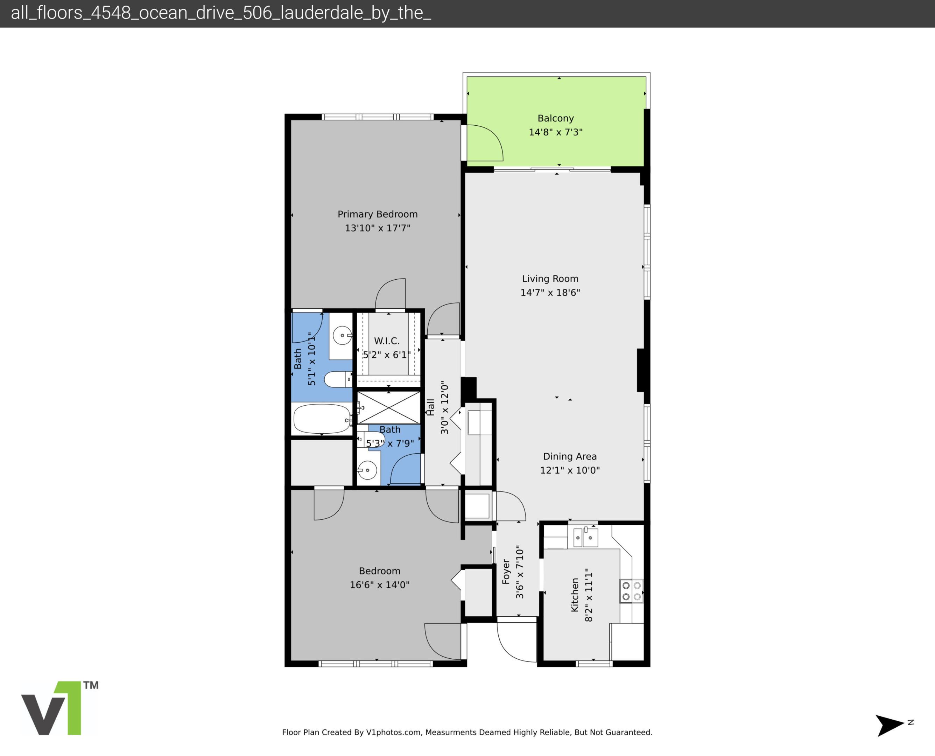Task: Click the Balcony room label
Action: tap(555, 118)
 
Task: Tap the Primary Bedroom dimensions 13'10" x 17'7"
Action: tap(378, 228)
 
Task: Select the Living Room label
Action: tap(550, 279)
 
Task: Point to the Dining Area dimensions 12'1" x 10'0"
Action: tap(570, 470)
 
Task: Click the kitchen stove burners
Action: tap(631, 591)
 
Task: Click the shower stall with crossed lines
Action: tap(389, 408)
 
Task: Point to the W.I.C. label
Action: tap(387, 341)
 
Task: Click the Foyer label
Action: tap(506, 572)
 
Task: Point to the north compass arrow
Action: tap(889, 724)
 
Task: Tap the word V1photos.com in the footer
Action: tap(394, 733)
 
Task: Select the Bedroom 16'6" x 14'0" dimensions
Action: tap(380, 585)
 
